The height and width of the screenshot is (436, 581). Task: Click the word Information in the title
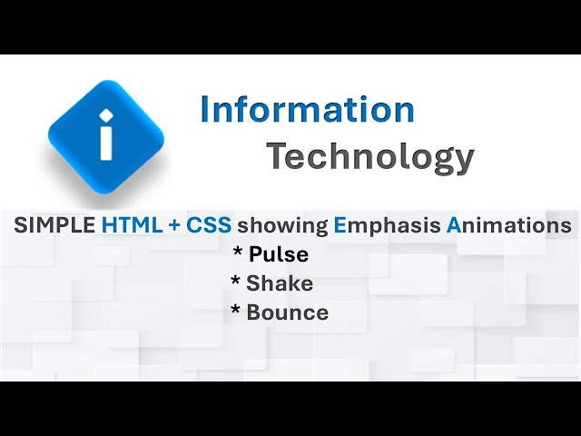click(307, 110)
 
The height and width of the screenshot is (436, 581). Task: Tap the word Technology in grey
click(369, 156)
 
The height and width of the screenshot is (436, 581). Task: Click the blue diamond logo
click(106, 135)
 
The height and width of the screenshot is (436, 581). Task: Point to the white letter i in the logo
click(106, 135)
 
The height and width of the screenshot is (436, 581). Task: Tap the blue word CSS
click(209, 225)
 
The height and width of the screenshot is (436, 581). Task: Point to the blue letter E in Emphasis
click(340, 225)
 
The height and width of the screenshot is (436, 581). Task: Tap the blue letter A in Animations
click(454, 225)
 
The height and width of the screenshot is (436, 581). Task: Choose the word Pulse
click(279, 254)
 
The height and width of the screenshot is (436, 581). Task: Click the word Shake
click(280, 283)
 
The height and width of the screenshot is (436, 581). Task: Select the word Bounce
click(287, 312)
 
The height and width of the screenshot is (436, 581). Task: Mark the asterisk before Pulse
click(238, 253)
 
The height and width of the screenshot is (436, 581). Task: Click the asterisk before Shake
click(236, 282)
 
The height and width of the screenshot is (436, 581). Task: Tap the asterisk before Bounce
click(236, 312)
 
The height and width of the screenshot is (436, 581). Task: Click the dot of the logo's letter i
click(106, 114)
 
